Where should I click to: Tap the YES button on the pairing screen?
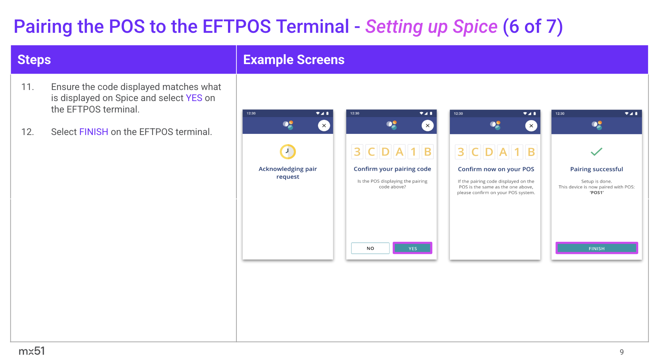[413, 248]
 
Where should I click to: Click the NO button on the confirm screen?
[370, 248]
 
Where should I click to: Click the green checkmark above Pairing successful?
[596, 152]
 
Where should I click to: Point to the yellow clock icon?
[288, 152]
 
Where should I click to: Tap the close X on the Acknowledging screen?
[324, 125]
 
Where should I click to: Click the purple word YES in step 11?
[194, 98]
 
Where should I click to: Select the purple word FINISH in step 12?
[94, 132]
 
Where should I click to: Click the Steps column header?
[34, 60]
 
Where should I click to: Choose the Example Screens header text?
[294, 60]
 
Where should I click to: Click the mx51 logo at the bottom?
[32, 351]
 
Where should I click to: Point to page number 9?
[622, 352]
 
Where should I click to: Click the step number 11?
[27, 87]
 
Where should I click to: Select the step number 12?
[27, 132]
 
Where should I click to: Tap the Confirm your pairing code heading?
[392, 169]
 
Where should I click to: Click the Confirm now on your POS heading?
[496, 169]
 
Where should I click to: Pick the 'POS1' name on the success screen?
[597, 193]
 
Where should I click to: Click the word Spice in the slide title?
[475, 27]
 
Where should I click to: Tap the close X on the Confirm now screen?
[531, 125]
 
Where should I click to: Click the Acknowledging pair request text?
[288, 173]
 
